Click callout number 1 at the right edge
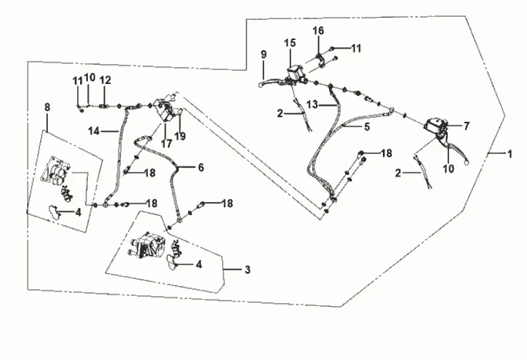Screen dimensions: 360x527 point(509,154)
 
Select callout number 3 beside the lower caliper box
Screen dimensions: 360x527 point(247,270)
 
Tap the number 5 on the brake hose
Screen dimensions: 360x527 point(367,127)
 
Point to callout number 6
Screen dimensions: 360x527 point(200,167)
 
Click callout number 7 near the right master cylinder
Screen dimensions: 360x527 point(465,124)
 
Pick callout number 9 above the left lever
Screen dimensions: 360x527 point(263,55)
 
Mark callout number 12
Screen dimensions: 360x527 point(106,79)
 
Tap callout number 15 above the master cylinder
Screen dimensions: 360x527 point(290,42)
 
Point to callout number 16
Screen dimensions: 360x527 point(318,31)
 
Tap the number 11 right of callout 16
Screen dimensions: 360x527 point(356,48)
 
